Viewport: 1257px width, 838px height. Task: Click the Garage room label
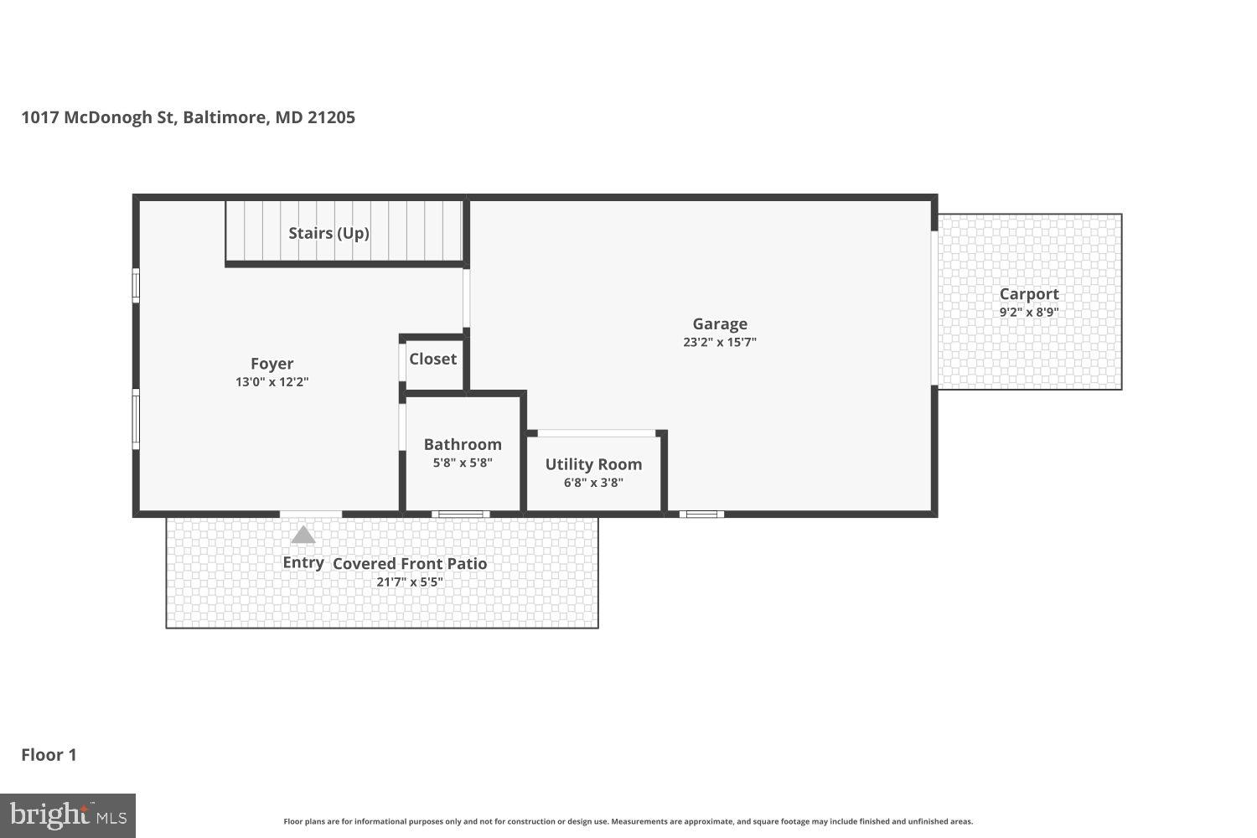[x=719, y=323]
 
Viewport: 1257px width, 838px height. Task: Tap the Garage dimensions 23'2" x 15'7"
[x=719, y=342]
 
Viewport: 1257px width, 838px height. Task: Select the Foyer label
[x=272, y=364]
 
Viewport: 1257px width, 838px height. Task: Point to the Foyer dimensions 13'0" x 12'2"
[x=272, y=382]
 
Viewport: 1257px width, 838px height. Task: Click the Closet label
[x=432, y=359]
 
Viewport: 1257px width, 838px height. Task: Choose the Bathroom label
[x=463, y=444]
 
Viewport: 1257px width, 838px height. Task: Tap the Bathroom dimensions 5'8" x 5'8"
[x=463, y=463]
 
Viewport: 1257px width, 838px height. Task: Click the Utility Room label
[x=593, y=464]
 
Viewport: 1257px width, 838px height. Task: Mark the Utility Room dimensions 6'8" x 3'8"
[x=593, y=483]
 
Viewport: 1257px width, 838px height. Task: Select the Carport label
[x=1029, y=294]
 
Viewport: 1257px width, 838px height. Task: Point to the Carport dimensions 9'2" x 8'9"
[x=1029, y=313]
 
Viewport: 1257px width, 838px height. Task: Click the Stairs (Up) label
[x=328, y=233]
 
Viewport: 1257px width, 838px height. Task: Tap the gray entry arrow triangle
[x=303, y=535]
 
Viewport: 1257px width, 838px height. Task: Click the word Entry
[x=303, y=562]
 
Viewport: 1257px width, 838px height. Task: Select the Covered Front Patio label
[x=410, y=564]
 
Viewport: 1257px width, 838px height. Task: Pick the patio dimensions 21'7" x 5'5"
[x=410, y=582]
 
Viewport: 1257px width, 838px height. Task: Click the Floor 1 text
[x=49, y=755]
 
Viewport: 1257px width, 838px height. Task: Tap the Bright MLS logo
[x=67, y=815]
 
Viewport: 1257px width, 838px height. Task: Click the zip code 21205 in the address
[x=331, y=117]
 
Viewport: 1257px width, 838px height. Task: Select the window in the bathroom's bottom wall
[x=461, y=514]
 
